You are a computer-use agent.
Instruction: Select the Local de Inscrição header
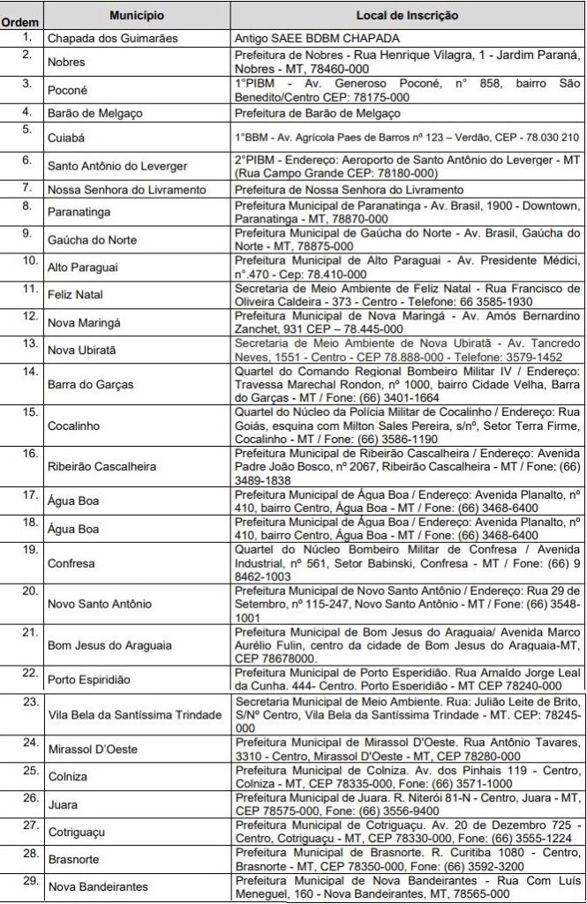point(406,16)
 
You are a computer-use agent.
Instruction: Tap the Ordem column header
point(20,20)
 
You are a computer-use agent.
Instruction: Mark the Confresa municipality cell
point(73,562)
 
